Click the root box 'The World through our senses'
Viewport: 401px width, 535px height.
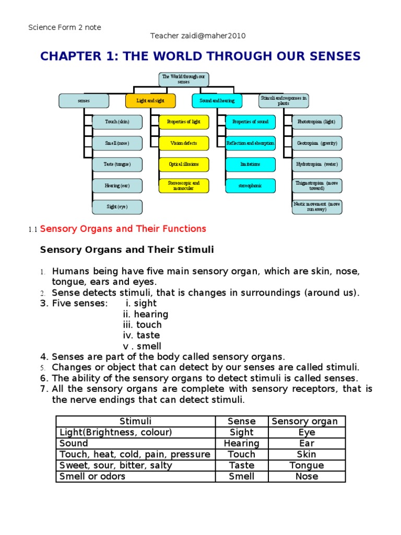184,79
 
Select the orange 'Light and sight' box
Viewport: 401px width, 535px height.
150,101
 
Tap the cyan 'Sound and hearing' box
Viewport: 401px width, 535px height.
217,101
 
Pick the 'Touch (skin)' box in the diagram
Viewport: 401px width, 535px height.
117,122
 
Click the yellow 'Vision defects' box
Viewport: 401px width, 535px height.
184,143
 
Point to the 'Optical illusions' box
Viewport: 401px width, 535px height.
184,164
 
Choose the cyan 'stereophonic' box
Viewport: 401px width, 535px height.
251,185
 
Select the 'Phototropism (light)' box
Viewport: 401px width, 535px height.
317,122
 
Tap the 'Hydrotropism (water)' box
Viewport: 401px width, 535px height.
317,164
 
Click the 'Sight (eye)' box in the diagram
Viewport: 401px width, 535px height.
117,207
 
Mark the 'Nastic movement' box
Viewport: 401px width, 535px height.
317,207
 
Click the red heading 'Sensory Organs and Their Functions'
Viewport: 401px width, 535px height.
123,229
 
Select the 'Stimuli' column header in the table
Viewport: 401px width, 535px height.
136,421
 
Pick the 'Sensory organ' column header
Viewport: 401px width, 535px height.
306,421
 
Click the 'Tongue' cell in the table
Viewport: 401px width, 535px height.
306,465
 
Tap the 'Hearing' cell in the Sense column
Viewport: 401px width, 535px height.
242,443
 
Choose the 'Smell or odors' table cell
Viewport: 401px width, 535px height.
93,476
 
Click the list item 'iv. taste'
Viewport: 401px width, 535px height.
141,335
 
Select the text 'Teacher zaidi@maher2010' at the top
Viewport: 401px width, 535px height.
198,36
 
